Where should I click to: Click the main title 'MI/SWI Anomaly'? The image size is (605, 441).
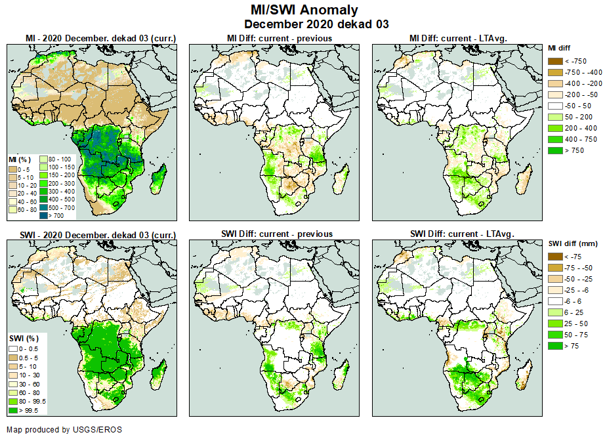point(304,10)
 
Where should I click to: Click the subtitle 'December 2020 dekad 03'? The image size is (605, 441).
point(304,24)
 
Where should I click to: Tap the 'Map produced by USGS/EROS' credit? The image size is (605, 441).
point(64,430)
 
